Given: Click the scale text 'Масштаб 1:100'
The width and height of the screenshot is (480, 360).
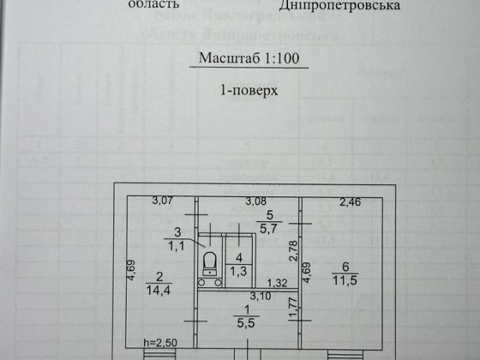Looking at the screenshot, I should pyautogui.click(x=239, y=60).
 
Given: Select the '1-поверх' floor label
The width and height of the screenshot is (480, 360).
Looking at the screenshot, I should pyautogui.click(x=240, y=89).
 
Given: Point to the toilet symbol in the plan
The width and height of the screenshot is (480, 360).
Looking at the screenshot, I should pyautogui.click(x=208, y=261).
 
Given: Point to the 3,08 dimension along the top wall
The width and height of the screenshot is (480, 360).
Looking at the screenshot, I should pyautogui.click(x=256, y=202).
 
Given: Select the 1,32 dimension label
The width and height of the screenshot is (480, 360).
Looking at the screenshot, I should pyautogui.click(x=275, y=283).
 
